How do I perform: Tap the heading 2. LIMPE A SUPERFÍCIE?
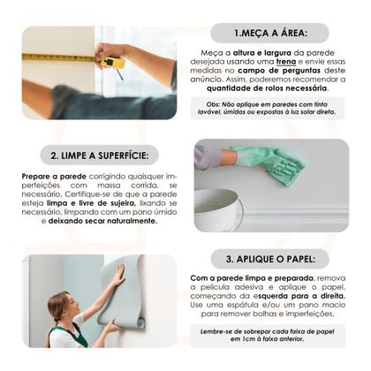pos(98,155)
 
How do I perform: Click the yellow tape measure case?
pos(113,63)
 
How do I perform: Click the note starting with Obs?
pos(270,108)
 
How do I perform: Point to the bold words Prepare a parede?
pos(51,176)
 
